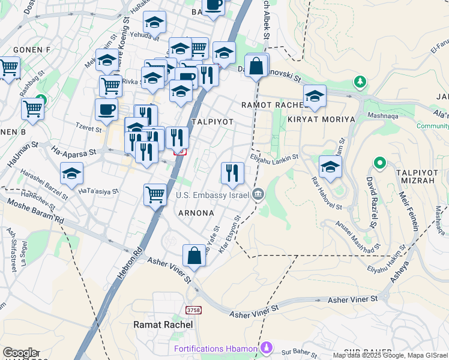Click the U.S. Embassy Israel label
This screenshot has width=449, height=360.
(212, 195)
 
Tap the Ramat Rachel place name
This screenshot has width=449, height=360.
(163, 325)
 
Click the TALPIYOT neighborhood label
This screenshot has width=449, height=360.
(212, 121)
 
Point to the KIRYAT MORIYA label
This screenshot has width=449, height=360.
(321, 119)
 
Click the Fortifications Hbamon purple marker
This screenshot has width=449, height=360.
(267, 348)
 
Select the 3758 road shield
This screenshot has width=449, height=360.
(193, 310)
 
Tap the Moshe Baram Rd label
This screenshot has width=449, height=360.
(35, 211)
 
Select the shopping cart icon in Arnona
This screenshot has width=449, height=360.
(155, 194)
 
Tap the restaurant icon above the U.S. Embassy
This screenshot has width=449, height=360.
(232, 173)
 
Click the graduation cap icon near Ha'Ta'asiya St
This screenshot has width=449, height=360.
(72, 173)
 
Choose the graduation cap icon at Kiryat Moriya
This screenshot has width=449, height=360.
(315, 96)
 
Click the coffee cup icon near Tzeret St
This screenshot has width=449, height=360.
(106, 110)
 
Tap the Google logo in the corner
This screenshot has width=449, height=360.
(20, 353)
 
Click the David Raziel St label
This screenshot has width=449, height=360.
(372, 212)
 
